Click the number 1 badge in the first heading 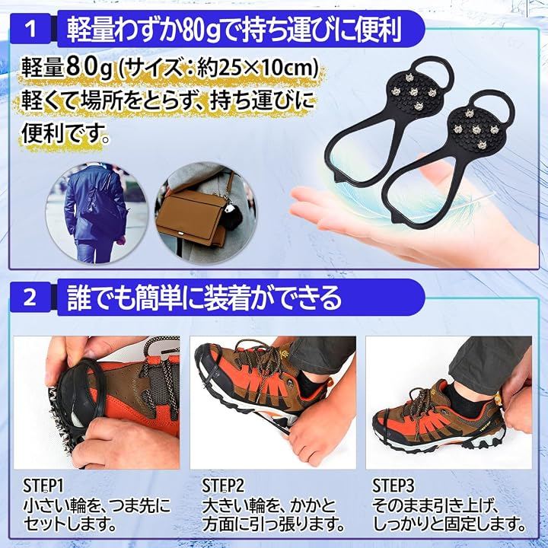click(30, 29)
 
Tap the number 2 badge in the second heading click(30, 298)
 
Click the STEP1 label click(43, 486)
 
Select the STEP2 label click(222, 486)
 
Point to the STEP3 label click(393, 486)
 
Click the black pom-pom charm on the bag click(232, 214)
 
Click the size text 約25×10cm click(257, 68)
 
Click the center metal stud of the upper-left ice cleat click(414, 92)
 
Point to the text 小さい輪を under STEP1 click(59, 505)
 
